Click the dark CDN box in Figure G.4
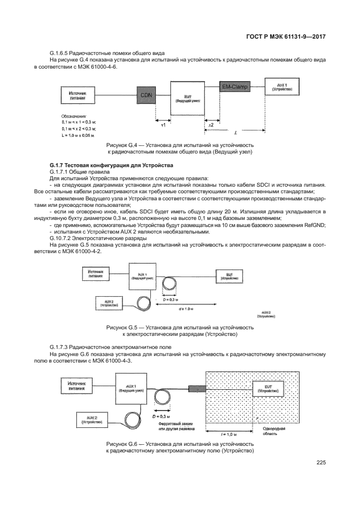pos(146,95)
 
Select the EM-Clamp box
pos(235,87)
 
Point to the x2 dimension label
pos(211,125)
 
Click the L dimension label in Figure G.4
pos(234,133)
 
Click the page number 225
pos(320,463)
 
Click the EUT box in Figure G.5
pos(225,275)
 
